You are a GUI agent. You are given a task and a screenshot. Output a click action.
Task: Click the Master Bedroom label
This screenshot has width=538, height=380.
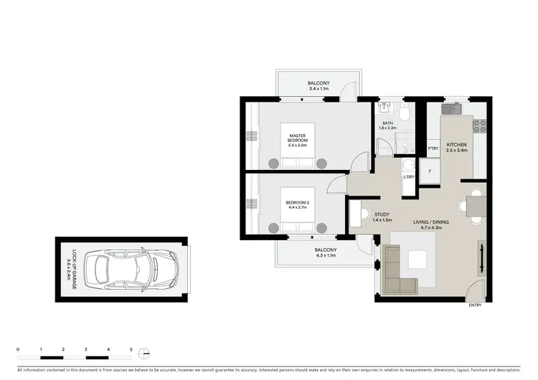(x=298, y=139)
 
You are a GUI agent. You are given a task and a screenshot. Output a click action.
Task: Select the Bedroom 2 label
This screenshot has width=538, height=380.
(x=297, y=206)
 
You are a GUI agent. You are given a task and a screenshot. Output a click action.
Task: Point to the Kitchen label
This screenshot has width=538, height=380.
(x=456, y=147)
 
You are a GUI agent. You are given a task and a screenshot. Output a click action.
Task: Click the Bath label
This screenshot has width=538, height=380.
(x=387, y=125)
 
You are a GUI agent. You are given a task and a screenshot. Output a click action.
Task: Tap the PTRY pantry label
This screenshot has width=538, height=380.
(x=433, y=149)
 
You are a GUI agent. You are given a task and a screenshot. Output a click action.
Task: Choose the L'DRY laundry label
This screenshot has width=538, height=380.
(x=410, y=176)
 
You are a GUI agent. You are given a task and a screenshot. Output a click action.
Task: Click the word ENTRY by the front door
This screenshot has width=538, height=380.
(x=476, y=305)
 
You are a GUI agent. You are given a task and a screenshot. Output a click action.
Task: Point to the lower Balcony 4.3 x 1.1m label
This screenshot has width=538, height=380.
(x=325, y=252)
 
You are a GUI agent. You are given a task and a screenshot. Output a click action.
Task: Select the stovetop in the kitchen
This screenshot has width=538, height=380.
(x=480, y=127)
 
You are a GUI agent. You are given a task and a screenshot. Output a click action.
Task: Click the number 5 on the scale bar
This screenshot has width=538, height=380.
(x=131, y=349)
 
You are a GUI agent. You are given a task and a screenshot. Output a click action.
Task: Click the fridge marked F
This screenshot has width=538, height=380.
(x=430, y=172)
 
